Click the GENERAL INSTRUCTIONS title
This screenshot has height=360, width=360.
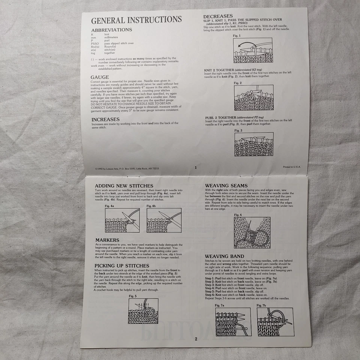136,20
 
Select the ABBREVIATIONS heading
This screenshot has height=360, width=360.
112,30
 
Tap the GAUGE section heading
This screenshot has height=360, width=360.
100,77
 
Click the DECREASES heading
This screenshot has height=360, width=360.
218,16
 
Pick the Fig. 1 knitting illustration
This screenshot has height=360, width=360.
253,50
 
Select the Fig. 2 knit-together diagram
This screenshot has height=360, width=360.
253,97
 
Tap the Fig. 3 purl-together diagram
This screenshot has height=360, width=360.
253,144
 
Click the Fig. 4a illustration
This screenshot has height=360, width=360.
122,220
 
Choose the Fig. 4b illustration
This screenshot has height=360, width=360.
164,220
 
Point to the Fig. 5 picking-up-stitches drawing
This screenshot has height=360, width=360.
143,310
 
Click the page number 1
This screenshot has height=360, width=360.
195,168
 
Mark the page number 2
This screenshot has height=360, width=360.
195,339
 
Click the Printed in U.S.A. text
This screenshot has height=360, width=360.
292,167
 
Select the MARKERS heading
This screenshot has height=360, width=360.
107,240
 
